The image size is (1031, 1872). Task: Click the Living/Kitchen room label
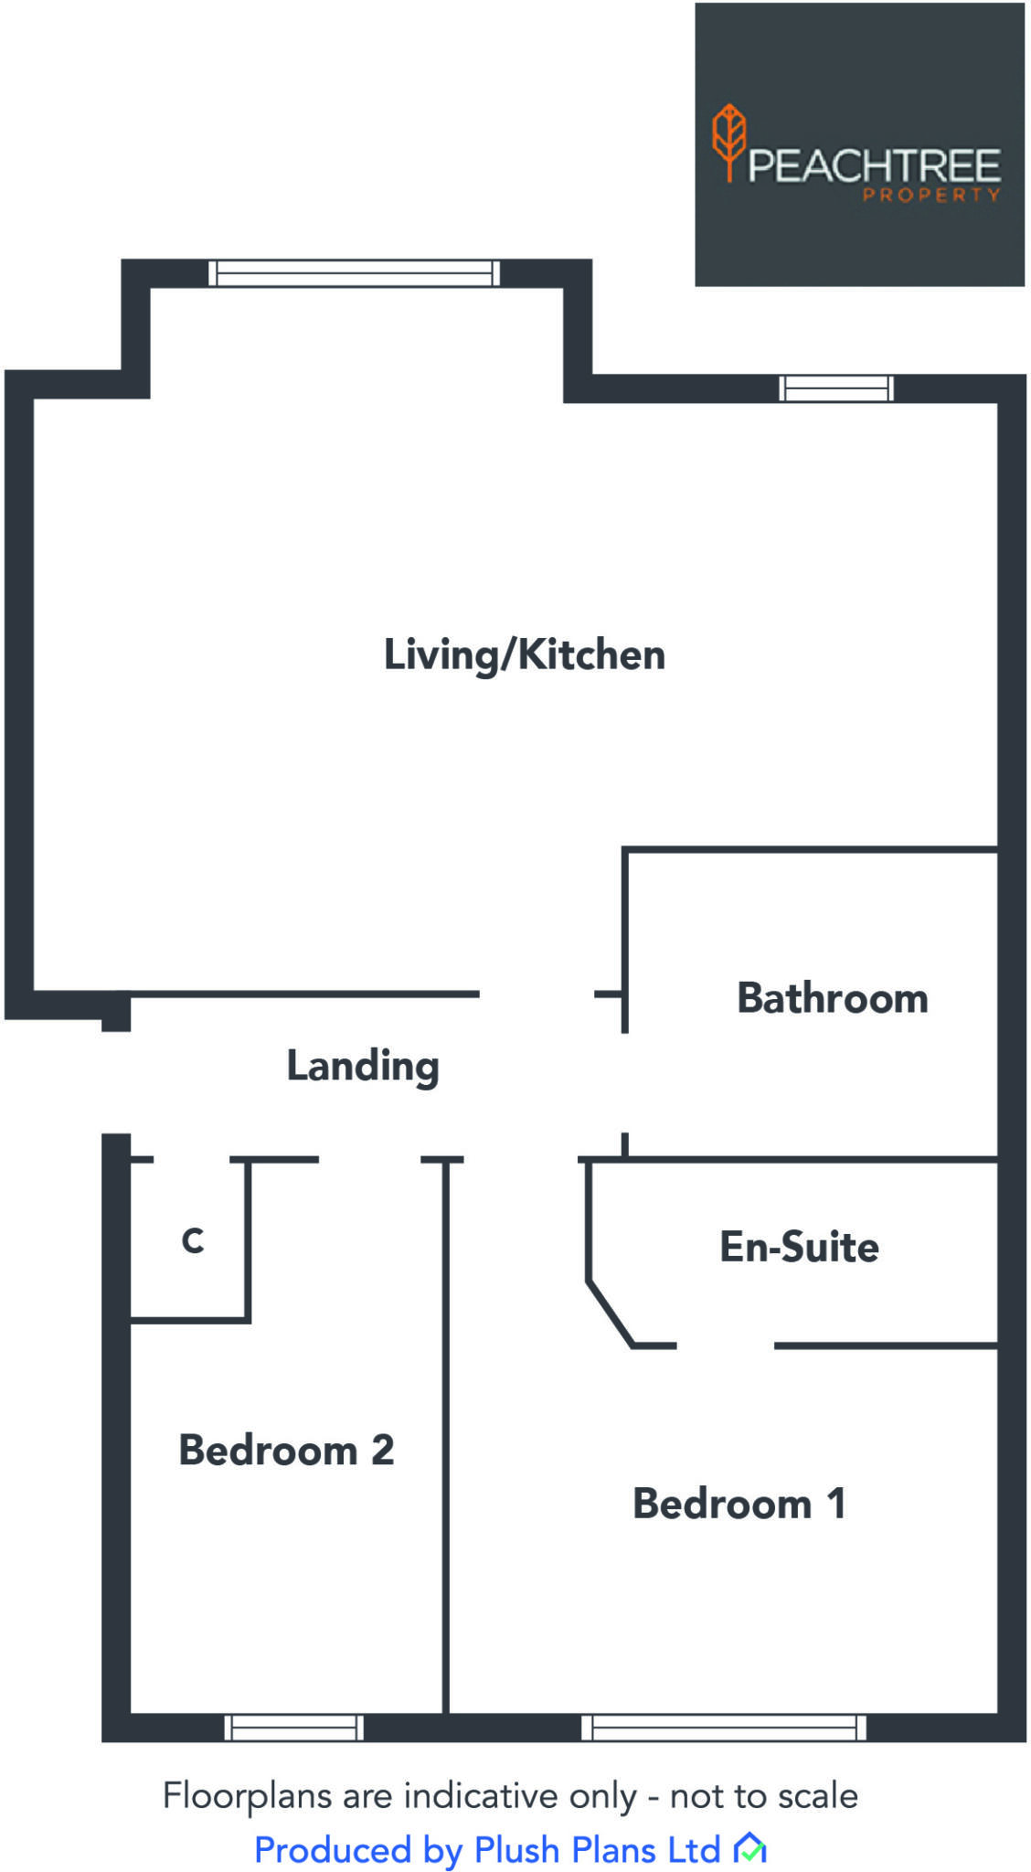(x=524, y=655)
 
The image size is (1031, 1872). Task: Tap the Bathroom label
(x=832, y=998)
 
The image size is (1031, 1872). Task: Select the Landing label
(x=363, y=1066)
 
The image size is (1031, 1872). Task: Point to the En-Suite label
(x=799, y=1247)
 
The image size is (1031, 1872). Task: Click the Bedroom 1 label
(x=739, y=1504)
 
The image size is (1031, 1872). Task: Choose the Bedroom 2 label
(x=286, y=1450)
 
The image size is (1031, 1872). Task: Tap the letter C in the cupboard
(x=192, y=1240)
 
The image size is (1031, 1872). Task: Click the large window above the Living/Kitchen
(x=354, y=273)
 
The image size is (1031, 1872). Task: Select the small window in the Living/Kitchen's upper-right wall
(x=835, y=388)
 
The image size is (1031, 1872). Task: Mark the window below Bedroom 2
(x=293, y=1727)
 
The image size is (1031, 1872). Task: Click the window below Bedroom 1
(x=723, y=1727)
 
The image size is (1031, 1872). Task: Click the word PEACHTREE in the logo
(x=874, y=165)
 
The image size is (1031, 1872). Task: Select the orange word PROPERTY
(x=930, y=195)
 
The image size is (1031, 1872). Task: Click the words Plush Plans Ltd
(x=597, y=1850)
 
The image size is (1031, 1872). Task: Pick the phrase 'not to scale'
(x=764, y=1796)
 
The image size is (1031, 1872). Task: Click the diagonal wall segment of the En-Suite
(x=609, y=1314)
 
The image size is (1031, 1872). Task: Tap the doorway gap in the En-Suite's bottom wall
(x=725, y=1345)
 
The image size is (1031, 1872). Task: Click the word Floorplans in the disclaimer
(x=247, y=1796)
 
